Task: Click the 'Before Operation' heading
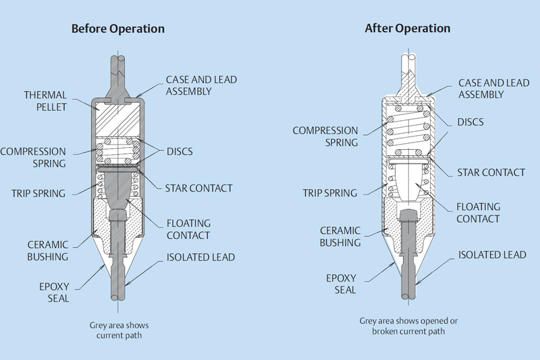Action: (119, 29)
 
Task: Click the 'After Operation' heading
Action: (407, 29)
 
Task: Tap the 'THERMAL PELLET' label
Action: (45, 101)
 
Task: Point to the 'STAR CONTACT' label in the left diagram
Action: (199, 188)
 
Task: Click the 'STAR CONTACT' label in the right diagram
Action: (491, 172)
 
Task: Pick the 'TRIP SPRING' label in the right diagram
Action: (329, 193)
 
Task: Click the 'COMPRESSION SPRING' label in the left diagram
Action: (34, 157)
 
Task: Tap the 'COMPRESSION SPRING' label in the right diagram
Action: (325, 136)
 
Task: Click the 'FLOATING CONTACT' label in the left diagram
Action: (189, 229)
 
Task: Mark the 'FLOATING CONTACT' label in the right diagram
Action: (478, 213)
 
